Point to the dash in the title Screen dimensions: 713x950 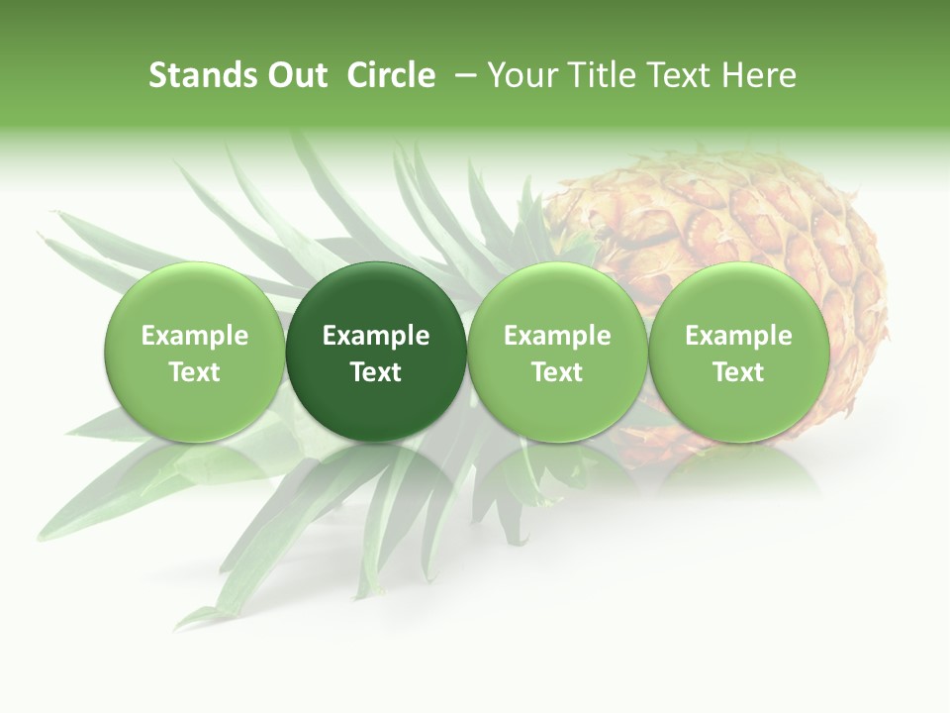[x=463, y=76]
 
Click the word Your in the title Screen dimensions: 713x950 [x=519, y=75]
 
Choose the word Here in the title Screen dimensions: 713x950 [x=760, y=75]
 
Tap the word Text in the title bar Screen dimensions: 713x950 [x=677, y=75]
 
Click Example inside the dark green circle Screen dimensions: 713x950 [x=376, y=336]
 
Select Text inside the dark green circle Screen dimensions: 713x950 [x=376, y=372]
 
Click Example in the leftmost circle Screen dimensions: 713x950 [x=195, y=336]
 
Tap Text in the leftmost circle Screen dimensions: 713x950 [x=195, y=372]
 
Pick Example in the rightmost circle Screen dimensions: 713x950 [x=739, y=336]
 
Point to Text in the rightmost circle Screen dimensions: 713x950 [x=739, y=372]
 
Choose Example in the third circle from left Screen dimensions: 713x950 [x=557, y=336]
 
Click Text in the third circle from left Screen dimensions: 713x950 [x=557, y=372]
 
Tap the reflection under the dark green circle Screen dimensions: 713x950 [x=376, y=470]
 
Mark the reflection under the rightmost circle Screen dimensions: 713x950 [x=739, y=470]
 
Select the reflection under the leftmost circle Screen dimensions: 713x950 [x=195, y=470]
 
